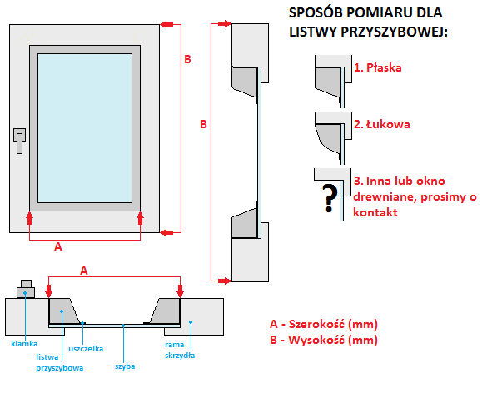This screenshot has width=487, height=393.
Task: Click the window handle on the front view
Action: tap(19, 141)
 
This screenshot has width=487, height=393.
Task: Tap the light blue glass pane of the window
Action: tap(85, 128)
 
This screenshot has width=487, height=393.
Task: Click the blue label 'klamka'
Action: tap(24, 344)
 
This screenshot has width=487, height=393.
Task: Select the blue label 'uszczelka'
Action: tap(86, 349)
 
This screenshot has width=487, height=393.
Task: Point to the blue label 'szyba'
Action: tap(125, 366)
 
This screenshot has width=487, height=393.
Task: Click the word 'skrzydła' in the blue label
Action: tap(180, 356)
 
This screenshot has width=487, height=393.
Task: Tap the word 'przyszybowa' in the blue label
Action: tap(60, 368)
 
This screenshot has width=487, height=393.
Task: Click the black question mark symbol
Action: tap(330, 198)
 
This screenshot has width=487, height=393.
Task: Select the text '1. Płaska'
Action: tap(378, 67)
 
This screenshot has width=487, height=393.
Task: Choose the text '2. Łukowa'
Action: tap(382, 124)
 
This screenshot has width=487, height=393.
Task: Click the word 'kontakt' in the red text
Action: tap(375, 212)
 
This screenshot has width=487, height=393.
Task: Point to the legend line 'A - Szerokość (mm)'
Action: tap(324, 324)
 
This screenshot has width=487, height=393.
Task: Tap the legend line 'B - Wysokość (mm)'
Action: tap(324, 340)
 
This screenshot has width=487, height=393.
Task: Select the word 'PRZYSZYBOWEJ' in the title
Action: tap(394, 32)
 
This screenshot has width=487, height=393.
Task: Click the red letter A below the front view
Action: tap(58, 246)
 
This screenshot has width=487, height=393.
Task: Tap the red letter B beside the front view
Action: tap(187, 59)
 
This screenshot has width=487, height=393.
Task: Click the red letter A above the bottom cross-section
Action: tap(84, 271)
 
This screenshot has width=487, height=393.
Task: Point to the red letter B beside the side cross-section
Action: tap(203, 124)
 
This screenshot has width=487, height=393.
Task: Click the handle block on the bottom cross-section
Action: tap(26, 290)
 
